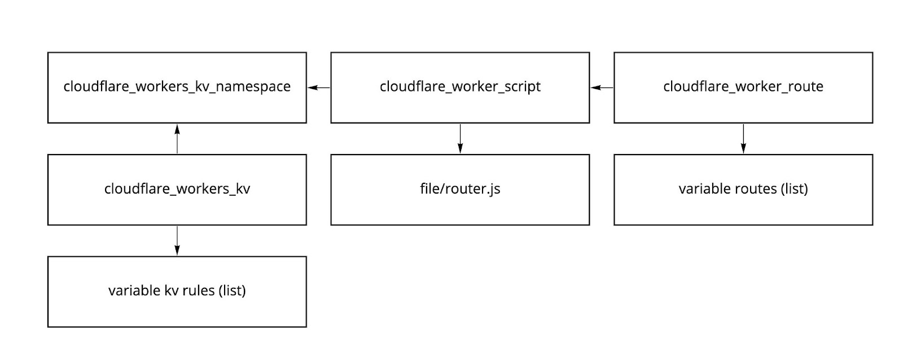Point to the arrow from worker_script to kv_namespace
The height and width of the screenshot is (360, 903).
coord(319,87)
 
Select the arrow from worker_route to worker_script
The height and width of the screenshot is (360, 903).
coord(602,87)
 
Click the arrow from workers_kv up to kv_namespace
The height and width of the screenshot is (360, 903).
coord(177,139)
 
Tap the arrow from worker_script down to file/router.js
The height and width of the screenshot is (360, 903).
coord(460,139)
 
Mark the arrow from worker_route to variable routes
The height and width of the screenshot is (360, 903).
coord(743,139)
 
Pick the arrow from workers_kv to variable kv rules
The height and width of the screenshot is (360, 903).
coord(177,241)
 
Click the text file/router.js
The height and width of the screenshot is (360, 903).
coord(460,188)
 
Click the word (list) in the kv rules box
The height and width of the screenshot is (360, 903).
coord(232,291)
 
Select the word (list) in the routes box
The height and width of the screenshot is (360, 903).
coord(795,188)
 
